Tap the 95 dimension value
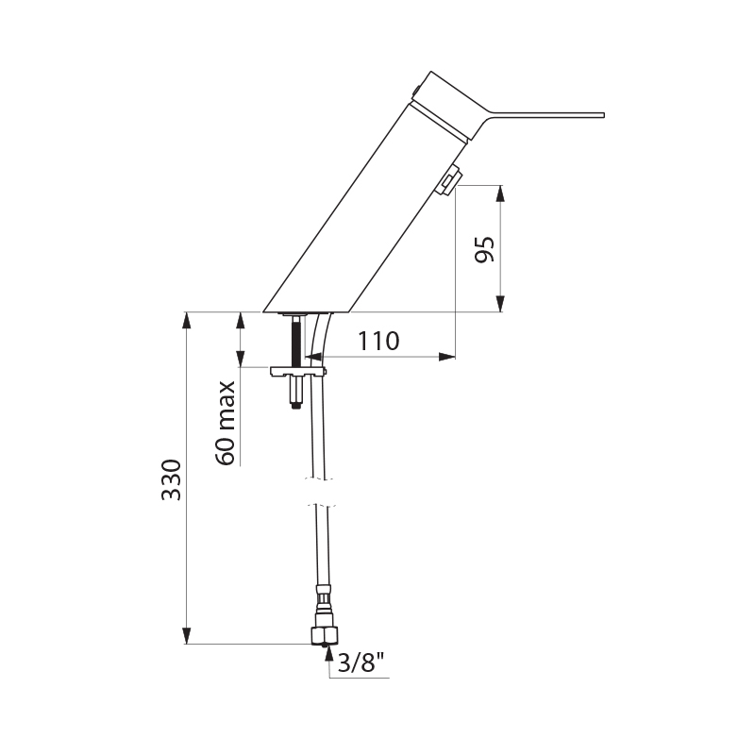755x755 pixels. click(x=484, y=250)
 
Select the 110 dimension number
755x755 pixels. click(x=377, y=342)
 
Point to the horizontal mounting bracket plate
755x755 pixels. click(x=297, y=372)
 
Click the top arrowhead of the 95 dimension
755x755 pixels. click(x=500, y=191)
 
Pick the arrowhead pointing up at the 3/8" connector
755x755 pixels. click(x=327, y=650)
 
